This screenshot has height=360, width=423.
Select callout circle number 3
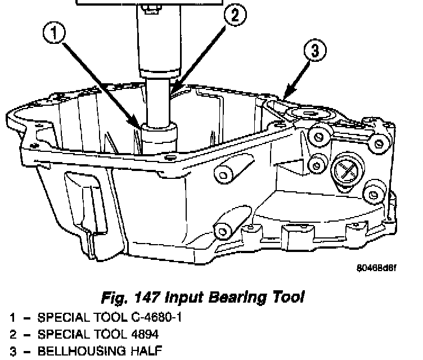click(x=316, y=51)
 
